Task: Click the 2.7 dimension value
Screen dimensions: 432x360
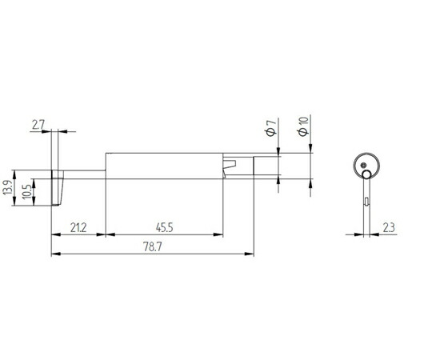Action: click(x=38, y=126)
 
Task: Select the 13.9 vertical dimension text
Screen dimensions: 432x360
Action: click(x=8, y=188)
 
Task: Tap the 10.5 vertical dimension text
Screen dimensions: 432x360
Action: click(x=27, y=191)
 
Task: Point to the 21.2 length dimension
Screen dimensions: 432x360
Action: click(x=78, y=228)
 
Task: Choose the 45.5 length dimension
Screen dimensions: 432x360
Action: click(x=165, y=228)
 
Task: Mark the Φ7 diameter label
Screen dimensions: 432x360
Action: click(x=271, y=128)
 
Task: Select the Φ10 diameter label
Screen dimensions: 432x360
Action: click(x=303, y=126)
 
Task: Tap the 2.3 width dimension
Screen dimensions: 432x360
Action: click(x=389, y=228)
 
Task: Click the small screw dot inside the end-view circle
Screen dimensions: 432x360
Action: click(x=363, y=165)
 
